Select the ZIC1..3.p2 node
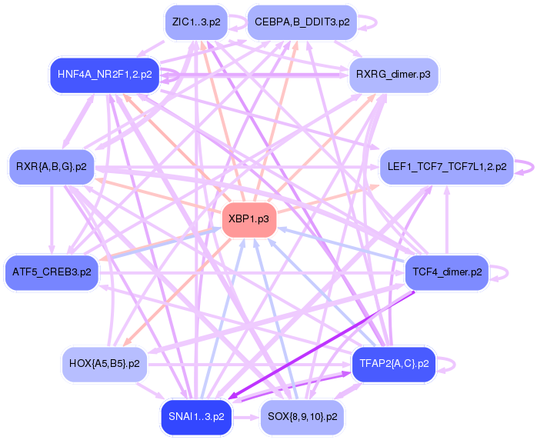(196, 22)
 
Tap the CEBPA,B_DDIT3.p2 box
(302, 22)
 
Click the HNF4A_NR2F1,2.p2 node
(104, 75)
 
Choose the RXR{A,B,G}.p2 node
(51, 166)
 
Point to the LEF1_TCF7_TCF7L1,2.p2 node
(446, 166)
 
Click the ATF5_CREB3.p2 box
(51, 272)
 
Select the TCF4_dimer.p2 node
(447, 272)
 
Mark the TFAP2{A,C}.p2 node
(393, 362)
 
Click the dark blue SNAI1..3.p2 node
(196, 416)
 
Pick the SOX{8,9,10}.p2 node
(302, 416)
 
